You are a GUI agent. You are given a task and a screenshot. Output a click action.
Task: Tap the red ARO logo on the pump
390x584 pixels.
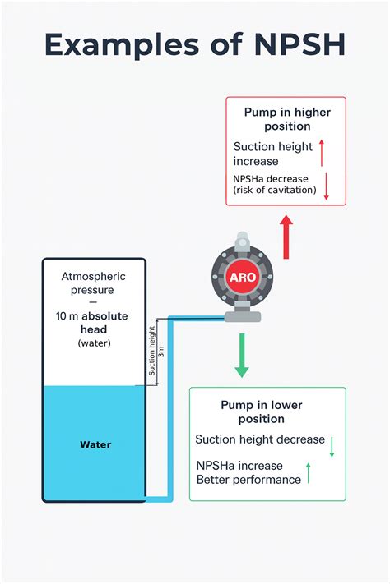tap(242, 278)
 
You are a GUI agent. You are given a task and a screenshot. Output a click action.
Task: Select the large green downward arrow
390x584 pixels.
tap(241, 355)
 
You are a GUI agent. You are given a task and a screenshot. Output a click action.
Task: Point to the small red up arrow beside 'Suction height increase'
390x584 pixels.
tap(322, 154)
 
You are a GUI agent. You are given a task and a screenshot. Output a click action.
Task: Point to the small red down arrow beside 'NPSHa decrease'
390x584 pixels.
tap(327, 186)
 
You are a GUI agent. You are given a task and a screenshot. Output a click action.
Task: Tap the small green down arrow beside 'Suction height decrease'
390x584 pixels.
tap(332, 446)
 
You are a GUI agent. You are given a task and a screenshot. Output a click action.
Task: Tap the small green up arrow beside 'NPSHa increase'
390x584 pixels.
tap(309, 472)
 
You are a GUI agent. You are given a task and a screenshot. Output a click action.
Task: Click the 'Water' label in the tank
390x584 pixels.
tap(95, 444)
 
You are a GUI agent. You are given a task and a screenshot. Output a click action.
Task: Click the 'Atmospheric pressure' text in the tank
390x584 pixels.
tap(93, 283)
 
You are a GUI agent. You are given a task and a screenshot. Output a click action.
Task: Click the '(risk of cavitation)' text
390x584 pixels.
tap(275, 190)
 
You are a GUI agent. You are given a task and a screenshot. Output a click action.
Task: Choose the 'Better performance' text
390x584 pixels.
tap(248, 480)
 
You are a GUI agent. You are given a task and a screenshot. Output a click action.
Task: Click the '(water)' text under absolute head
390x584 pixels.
tap(94, 343)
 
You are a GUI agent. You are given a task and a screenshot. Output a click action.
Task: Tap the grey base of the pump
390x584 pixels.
tap(242, 315)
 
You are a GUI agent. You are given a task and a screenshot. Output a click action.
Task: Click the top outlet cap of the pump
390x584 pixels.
tap(242, 240)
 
